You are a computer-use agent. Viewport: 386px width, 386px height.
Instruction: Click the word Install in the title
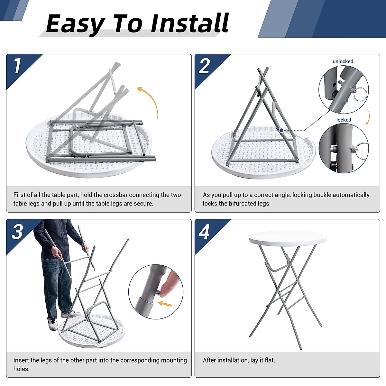click(x=189, y=23)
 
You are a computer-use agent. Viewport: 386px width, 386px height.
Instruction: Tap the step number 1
click(x=17, y=66)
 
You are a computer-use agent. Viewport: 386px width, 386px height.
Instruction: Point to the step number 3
click(x=17, y=231)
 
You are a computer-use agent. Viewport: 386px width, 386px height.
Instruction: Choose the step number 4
click(x=204, y=232)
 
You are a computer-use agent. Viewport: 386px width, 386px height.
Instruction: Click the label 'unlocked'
click(x=343, y=61)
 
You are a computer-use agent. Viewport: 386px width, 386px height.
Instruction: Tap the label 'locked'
click(x=344, y=120)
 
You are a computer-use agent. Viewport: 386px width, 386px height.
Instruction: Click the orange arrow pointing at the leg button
click(x=165, y=304)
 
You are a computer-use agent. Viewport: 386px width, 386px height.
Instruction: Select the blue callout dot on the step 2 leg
click(x=281, y=130)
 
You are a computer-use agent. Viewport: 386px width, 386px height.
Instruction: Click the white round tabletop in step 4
click(x=288, y=238)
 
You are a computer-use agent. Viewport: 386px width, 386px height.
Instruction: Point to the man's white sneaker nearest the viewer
click(x=53, y=324)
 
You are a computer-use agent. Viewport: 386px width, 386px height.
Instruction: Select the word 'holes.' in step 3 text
click(x=22, y=369)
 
